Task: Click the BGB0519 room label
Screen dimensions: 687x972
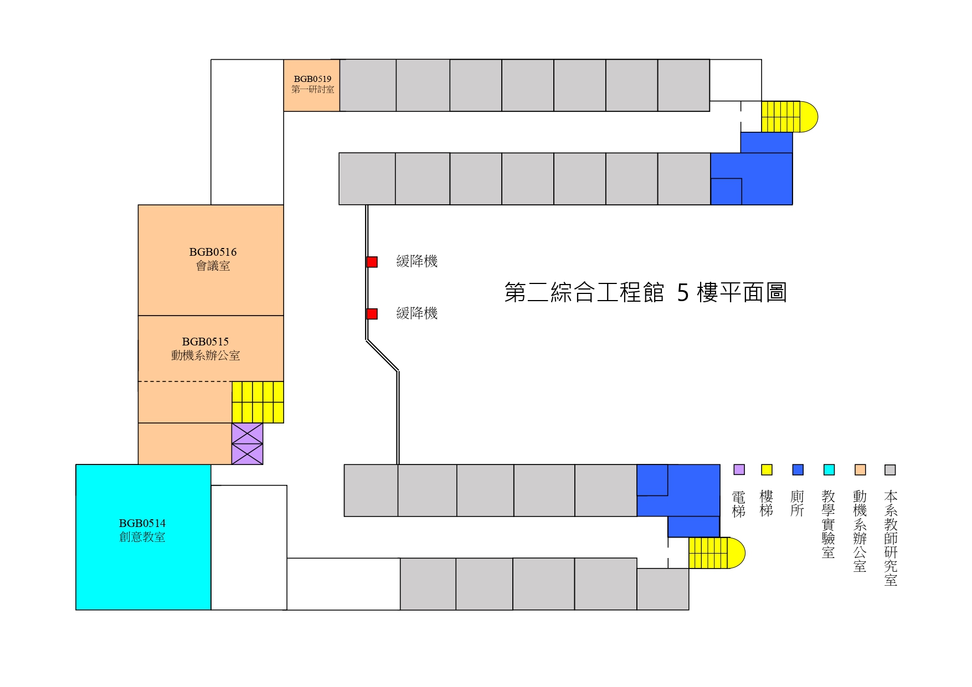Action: click(312, 84)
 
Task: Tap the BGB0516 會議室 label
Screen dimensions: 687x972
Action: click(213, 259)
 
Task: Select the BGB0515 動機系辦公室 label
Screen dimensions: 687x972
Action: click(205, 349)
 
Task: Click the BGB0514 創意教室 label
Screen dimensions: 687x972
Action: click(142, 530)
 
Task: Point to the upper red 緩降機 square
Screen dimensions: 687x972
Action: click(372, 262)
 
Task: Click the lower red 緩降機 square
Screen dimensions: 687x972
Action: click(372, 314)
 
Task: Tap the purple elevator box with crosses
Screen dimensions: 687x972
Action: click(247, 443)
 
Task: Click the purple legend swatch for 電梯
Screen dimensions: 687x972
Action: click(739, 469)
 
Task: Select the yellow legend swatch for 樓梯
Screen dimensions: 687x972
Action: click(767, 469)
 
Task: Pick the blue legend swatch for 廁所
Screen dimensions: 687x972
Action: click(798, 469)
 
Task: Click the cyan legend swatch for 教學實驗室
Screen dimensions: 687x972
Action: click(829, 469)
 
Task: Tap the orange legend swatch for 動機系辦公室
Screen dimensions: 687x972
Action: click(860, 469)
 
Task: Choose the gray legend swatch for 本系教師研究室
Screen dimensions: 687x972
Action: click(890, 469)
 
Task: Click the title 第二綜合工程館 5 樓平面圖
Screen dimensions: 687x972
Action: click(645, 292)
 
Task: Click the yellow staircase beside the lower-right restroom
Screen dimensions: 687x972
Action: click(715, 552)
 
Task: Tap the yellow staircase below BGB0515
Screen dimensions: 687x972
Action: click(258, 402)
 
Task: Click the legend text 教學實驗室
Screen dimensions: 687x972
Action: click(829, 524)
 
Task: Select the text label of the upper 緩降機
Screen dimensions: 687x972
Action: click(417, 261)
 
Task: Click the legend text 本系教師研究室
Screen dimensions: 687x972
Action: click(891, 538)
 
